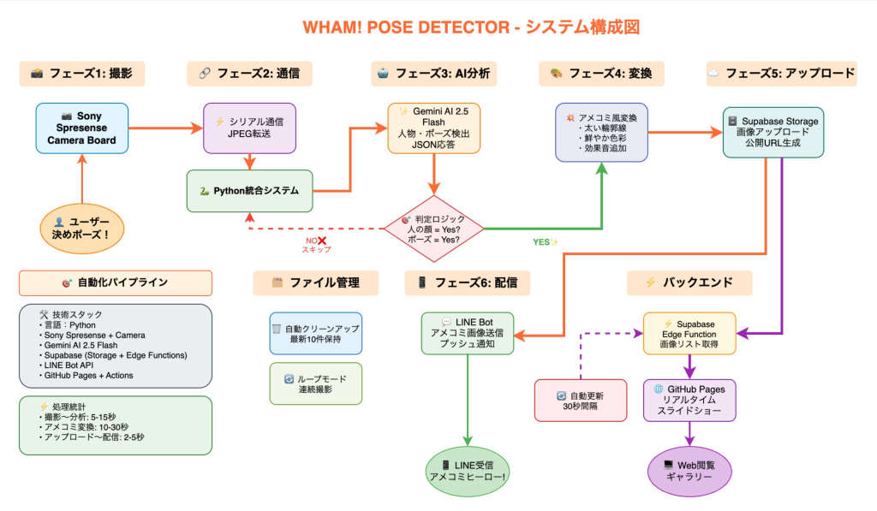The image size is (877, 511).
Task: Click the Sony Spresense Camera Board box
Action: (x=82, y=128)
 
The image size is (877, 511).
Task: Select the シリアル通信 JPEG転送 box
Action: (x=250, y=128)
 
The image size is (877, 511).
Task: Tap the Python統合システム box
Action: (x=250, y=191)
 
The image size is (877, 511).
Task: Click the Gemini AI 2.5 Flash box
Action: (x=433, y=128)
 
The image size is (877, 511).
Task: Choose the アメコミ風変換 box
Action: (x=601, y=132)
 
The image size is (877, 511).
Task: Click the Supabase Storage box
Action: (x=773, y=132)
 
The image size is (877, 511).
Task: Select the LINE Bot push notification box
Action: (x=468, y=333)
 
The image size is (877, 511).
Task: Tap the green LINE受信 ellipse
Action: (x=468, y=471)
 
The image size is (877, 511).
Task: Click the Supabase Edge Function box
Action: (x=689, y=333)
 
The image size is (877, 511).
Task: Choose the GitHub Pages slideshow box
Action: (x=689, y=400)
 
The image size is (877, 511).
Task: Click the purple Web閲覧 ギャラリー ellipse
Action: (x=689, y=471)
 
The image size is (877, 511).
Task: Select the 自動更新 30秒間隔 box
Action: (x=580, y=400)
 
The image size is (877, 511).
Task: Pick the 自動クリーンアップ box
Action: (x=315, y=334)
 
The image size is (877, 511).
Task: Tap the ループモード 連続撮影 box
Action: (x=315, y=383)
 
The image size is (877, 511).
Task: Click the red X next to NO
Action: (x=324, y=241)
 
